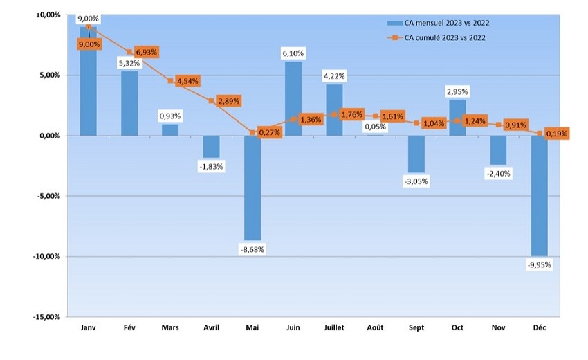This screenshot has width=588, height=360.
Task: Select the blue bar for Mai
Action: pos(252,187)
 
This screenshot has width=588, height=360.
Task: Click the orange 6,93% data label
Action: pos(146,52)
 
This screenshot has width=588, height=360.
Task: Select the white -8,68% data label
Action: pos(252,249)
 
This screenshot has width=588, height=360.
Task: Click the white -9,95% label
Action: pos(539,264)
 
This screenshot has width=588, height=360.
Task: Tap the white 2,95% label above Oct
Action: pos(457,91)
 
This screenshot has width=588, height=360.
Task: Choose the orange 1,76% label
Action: pos(351,115)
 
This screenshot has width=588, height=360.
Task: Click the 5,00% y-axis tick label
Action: pos(47,75)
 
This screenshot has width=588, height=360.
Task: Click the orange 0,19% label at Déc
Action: pos(555,134)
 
